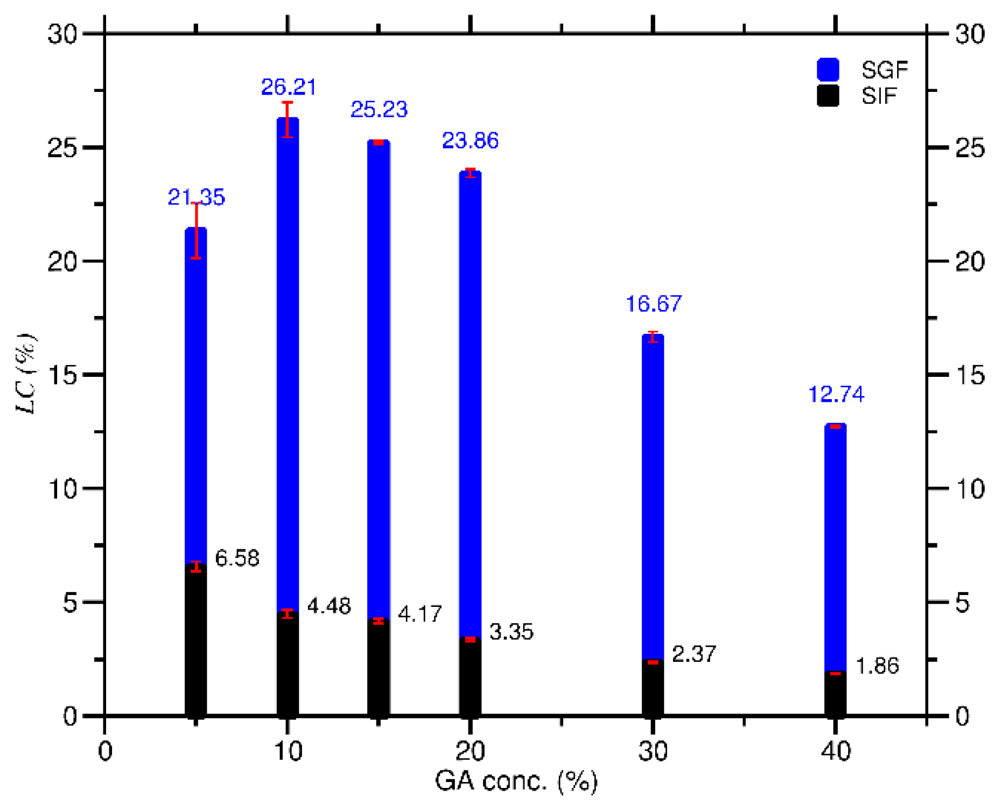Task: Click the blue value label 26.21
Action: pos(288,87)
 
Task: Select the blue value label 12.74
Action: pos(836,394)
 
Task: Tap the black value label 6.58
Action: pos(237,558)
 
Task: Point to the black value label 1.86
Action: pos(877,666)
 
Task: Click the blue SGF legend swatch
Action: pos(828,70)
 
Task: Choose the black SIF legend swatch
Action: pos(828,96)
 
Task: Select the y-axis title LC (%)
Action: pos(27,374)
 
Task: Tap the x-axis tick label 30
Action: pos(653,752)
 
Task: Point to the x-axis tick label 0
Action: pos(105,752)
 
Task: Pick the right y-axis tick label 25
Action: pos(970,148)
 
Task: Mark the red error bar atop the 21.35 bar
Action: pos(196,231)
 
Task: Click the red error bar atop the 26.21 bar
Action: pos(288,119)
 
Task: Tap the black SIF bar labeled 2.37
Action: pos(653,688)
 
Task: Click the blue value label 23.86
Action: pos(470,141)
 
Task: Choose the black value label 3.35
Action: pos(511,632)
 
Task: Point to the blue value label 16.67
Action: pos(653,304)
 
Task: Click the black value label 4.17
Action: pos(419,614)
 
